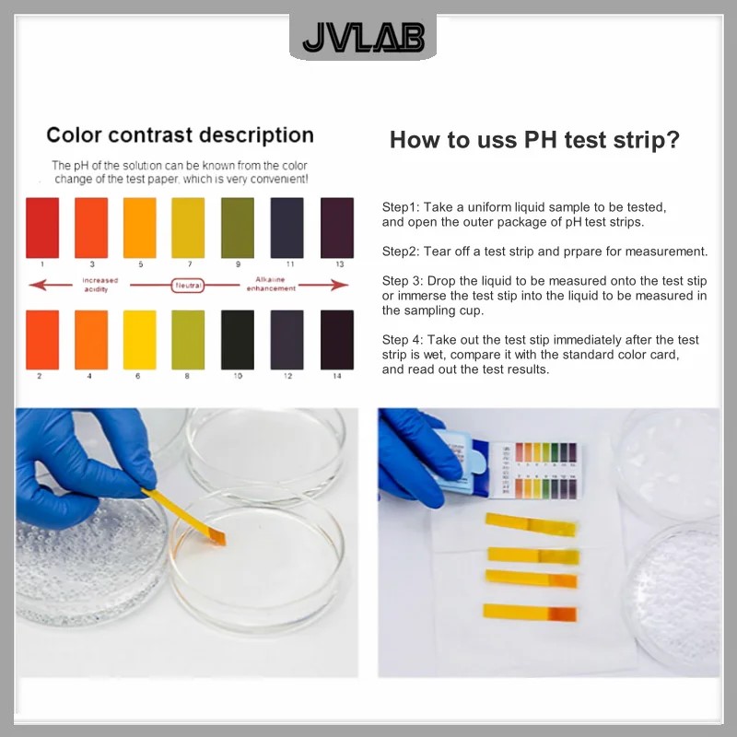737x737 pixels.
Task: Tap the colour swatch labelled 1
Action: pyautogui.click(x=42, y=228)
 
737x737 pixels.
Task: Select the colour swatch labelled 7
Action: pyautogui.click(x=189, y=228)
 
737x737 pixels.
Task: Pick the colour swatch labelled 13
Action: pyautogui.click(x=337, y=228)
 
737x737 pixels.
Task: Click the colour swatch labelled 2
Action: pyautogui.click(x=42, y=340)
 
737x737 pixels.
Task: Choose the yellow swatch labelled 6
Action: pyautogui.click(x=140, y=340)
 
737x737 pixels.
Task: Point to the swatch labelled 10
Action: pyautogui.click(x=238, y=340)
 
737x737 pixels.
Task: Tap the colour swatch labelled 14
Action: pyautogui.click(x=337, y=340)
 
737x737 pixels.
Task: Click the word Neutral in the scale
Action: pyautogui.click(x=188, y=286)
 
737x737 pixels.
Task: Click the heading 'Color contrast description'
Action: pyautogui.click(x=180, y=135)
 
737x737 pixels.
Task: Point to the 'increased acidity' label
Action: pyautogui.click(x=99, y=284)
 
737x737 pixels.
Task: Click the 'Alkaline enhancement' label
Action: pyautogui.click(x=271, y=284)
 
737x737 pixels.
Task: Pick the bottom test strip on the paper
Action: pyautogui.click(x=531, y=613)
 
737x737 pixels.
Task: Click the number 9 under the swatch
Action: pyautogui.click(x=238, y=264)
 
